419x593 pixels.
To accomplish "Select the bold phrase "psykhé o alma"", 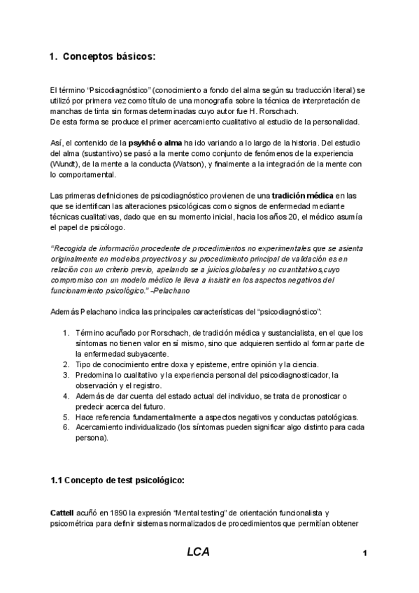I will pyautogui.click(x=156, y=143).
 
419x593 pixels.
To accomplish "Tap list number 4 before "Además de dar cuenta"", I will pyautogui.click(x=66, y=396).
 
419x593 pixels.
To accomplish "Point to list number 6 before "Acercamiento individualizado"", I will pyautogui.click(x=66, y=428).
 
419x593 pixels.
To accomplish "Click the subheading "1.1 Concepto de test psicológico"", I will pyautogui.click(x=118, y=480).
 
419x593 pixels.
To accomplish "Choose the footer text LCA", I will pyautogui.click(x=198, y=552).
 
